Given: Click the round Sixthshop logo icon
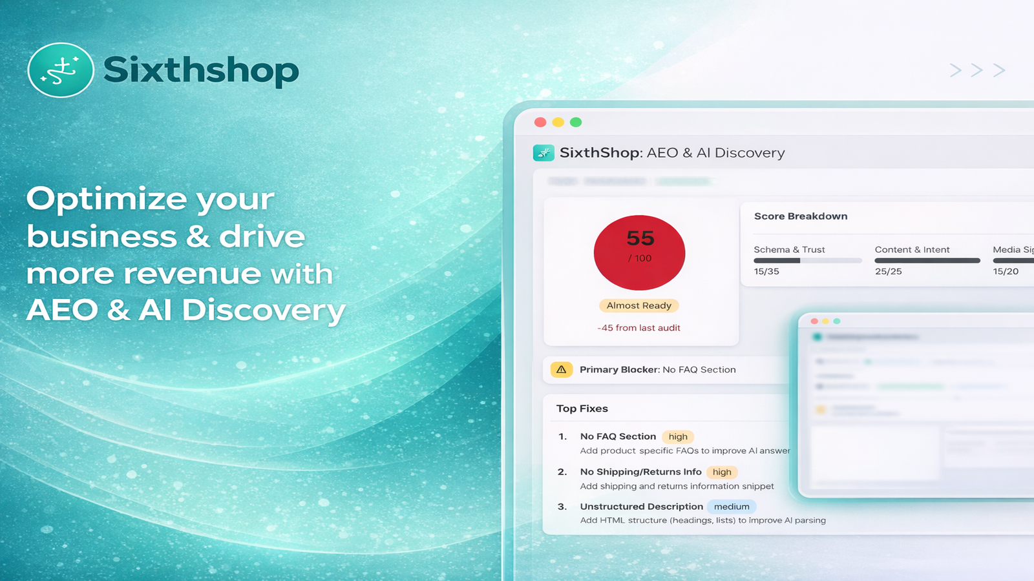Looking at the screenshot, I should pyautogui.click(x=61, y=70).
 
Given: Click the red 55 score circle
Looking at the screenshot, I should pyautogui.click(x=639, y=252).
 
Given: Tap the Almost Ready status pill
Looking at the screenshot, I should pyautogui.click(x=639, y=305).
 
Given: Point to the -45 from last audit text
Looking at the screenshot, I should pyautogui.click(x=639, y=328).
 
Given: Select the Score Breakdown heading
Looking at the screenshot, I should pyautogui.click(x=801, y=216).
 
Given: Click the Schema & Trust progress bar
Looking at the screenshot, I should pyautogui.click(x=808, y=261).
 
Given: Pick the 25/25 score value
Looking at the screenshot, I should pyautogui.click(x=888, y=272).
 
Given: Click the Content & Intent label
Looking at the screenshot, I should pyautogui.click(x=912, y=250).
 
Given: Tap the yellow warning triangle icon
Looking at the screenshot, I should pyautogui.click(x=561, y=370).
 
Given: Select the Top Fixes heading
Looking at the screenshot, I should pyautogui.click(x=582, y=409).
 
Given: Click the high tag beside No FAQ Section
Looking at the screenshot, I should pyautogui.click(x=678, y=437).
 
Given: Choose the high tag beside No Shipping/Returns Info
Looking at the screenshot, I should pyautogui.click(x=722, y=472).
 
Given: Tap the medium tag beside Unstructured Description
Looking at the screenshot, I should pyautogui.click(x=732, y=507).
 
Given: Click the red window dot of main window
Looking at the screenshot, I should pyautogui.click(x=540, y=122).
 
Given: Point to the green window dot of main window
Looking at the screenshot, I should pyautogui.click(x=576, y=122).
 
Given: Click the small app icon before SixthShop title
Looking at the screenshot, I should pyautogui.click(x=543, y=153).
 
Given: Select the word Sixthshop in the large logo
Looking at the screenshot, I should pyautogui.click(x=201, y=70).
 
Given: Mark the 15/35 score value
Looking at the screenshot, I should pyautogui.click(x=766, y=272).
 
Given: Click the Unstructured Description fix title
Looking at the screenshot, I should pyautogui.click(x=641, y=507).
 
